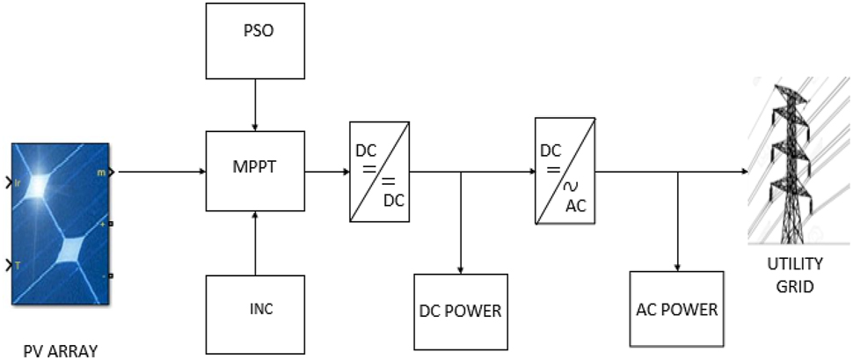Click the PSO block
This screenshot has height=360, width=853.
pos(255,40)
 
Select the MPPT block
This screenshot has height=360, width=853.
pos(255,172)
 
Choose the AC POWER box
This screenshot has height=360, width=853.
pos(676,310)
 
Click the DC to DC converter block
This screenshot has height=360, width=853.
pos(378,172)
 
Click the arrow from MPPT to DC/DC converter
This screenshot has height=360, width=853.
pos(326,173)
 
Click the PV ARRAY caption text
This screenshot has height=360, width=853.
pos(61,351)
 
